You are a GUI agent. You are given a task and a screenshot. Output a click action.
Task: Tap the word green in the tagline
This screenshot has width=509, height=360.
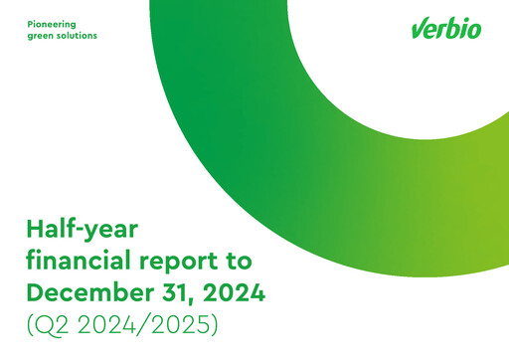41,35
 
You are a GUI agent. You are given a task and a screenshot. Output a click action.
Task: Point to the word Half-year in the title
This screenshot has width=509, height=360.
82,230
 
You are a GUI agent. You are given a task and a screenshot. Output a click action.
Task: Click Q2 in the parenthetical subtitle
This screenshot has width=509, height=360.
56,325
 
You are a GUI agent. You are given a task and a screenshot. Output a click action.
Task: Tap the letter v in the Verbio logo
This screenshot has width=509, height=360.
418,30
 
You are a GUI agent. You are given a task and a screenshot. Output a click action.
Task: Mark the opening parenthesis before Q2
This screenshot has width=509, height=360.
31,326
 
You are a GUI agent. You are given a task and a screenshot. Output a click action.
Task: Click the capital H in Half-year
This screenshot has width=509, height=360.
36,230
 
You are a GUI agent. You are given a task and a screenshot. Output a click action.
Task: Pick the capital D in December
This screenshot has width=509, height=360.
37,293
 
